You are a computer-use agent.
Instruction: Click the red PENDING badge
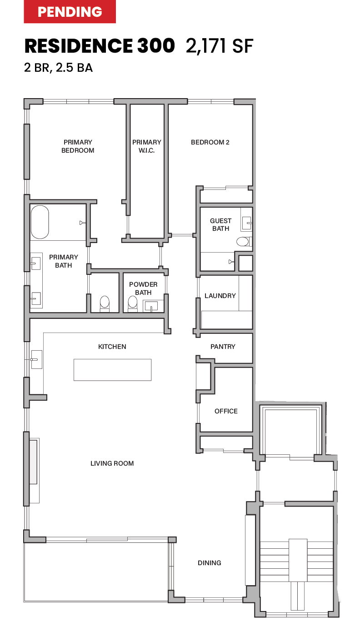pos(70,12)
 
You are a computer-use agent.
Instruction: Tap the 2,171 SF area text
pos(219,46)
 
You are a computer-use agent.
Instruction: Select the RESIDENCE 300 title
pos(100,46)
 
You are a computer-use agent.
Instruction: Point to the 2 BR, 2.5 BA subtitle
pos(58,68)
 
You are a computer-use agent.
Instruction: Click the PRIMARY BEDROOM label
pos(78,146)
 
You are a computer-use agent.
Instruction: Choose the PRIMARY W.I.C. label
pos(146,146)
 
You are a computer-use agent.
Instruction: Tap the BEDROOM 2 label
pos(210,142)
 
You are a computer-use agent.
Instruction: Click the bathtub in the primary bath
pos(40,222)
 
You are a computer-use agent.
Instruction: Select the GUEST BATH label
pos(220,225)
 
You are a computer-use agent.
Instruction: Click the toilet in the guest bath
pos(243,241)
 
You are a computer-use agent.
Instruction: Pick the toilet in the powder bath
pos(133,303)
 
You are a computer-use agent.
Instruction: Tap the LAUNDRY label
pos(220,296)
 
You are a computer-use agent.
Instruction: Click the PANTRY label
pos(223,347)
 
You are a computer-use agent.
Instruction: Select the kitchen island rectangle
pos(112,369)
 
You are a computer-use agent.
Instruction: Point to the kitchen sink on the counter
pos(36,359)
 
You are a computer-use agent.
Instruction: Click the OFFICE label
pos(226,411)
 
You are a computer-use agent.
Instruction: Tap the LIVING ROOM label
pos(112,463)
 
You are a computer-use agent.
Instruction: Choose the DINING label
pos(209,563)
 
